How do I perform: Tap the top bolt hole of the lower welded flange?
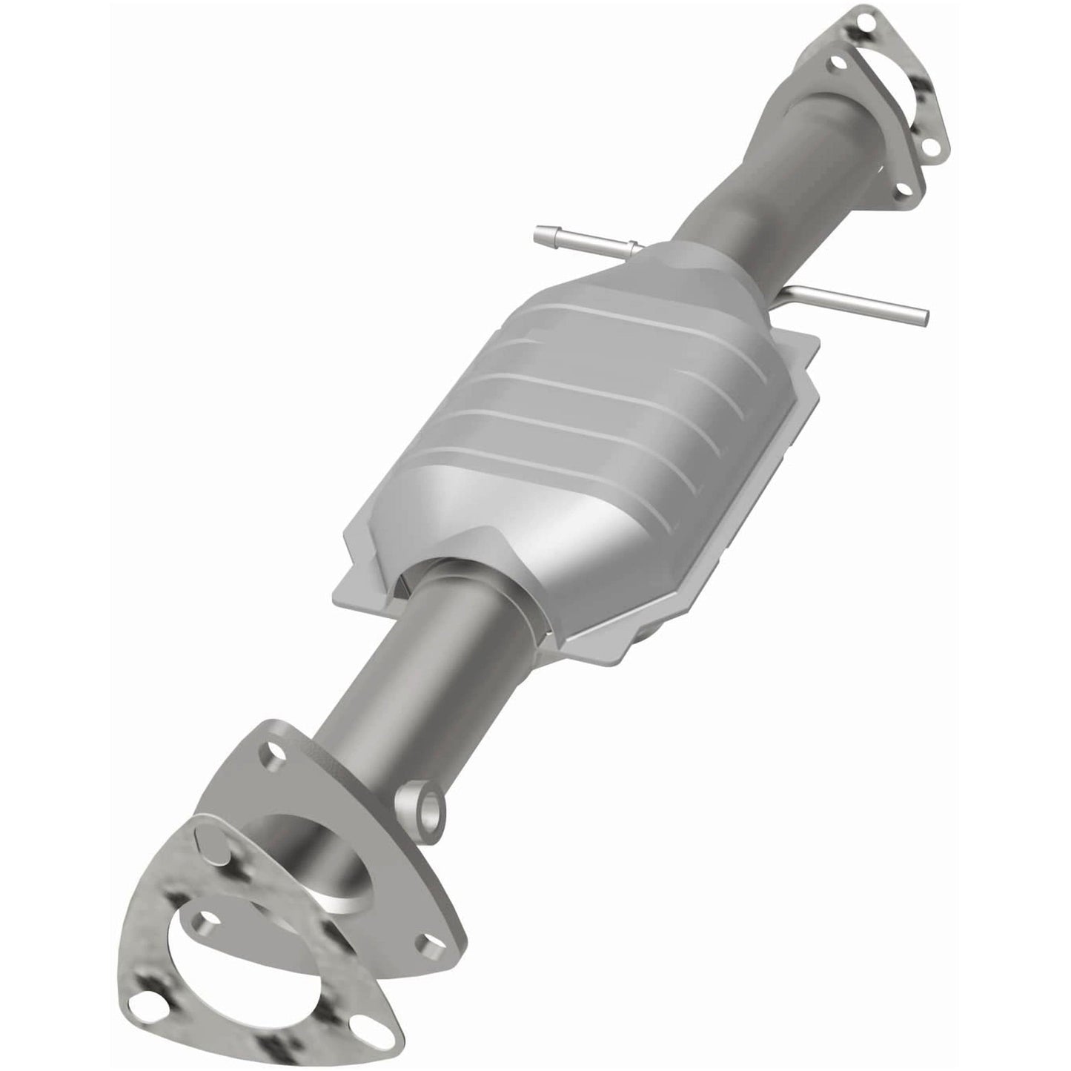(276, 757)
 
